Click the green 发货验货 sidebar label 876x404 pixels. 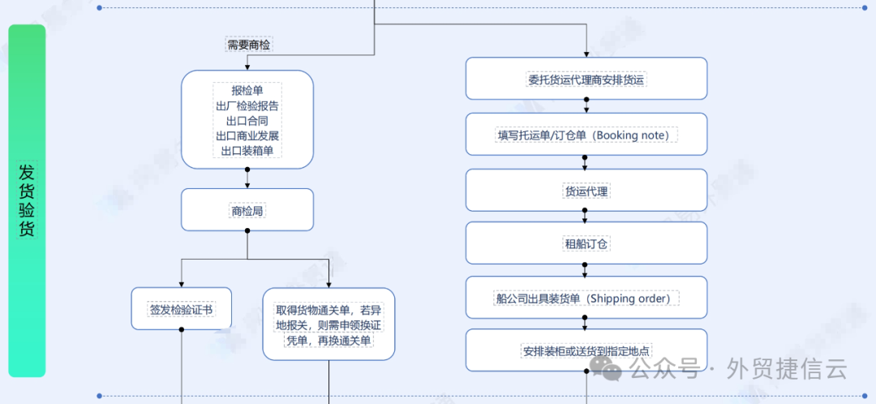click(x=27, y=200)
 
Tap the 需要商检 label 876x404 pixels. click(x=248, y=45)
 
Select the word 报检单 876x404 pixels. click(x=247, y=90)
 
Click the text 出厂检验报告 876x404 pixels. click(x=247, y=105)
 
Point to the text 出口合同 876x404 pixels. click(x=247, y=121)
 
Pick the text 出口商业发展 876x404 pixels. click(x=247, y=135)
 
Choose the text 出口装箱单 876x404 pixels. click(x=247, y=151)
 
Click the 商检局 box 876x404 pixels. click(x=247, y=210)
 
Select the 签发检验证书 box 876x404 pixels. click(x=181, y=309)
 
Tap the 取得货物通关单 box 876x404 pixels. click(x=328, y=324)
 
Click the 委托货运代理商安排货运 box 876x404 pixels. click(x=586, y=80)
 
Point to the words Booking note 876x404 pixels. click(x=633, y=135)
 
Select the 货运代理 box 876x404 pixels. click(x=586, y=191)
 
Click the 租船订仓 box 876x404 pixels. click(x=586, y=243)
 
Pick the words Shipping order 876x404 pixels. click(x=629, y=299)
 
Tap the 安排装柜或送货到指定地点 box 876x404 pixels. click(x=586, y=351)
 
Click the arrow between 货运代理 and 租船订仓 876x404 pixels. click(x=586, y=217)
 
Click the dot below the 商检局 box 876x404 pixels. click(x=247, y=230)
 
